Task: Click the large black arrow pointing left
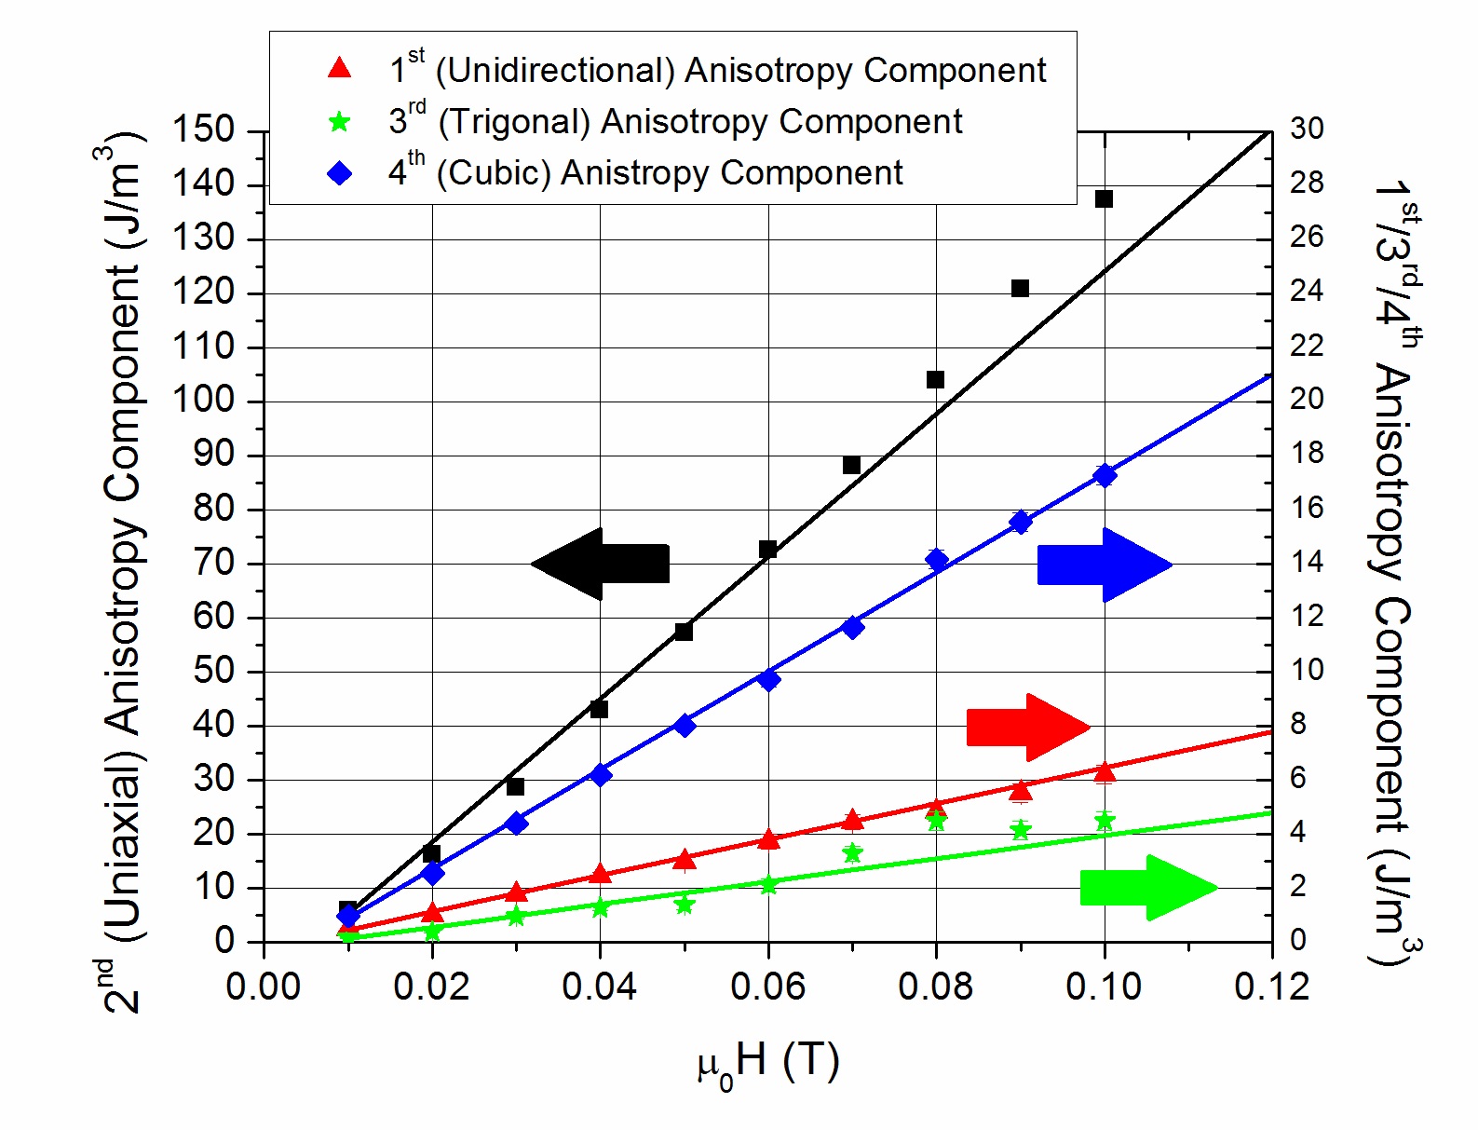click(601, 564)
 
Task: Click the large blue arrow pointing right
click(1104, 565)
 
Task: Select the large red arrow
click(1027, 727)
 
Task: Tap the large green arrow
click(1147, 887)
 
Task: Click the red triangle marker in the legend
click(340, 68)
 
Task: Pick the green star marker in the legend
click(340, 121)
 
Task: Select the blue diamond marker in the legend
click(340, 173)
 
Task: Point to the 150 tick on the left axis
click(203, 129)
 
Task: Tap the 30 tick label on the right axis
click(1307, 129)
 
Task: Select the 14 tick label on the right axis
click(1306, 562)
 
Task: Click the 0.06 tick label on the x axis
click(767, 987)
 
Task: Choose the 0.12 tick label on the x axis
click(1271, 987)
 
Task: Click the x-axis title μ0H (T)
click(768, 1062)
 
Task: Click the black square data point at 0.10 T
click(1104, 198)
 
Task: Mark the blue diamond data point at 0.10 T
click(1105, 475)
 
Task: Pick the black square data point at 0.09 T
click(1020, 288)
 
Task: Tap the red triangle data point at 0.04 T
click(600, 874)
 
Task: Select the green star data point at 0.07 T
click(852, 852)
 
